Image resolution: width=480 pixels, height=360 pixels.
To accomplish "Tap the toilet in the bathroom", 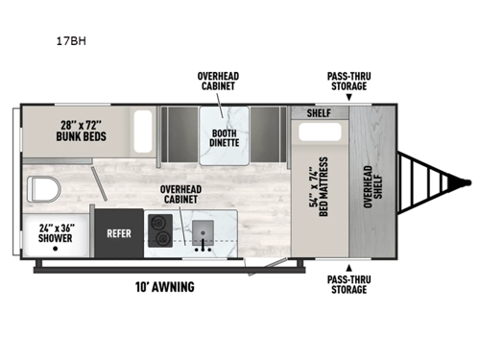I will (x=41, y=187).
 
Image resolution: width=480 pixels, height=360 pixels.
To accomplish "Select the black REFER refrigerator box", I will (x=119, y=231).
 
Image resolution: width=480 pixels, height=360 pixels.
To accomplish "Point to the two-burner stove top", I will (x=160, y=231).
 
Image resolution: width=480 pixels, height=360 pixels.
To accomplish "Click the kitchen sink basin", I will (x=204, y=231).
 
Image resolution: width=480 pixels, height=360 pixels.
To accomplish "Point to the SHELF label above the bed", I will (x=320, y=112).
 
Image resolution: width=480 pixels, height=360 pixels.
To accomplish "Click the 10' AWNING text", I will (x=165, y=286).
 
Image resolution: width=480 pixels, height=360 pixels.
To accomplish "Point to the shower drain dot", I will (x=57, y=249).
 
